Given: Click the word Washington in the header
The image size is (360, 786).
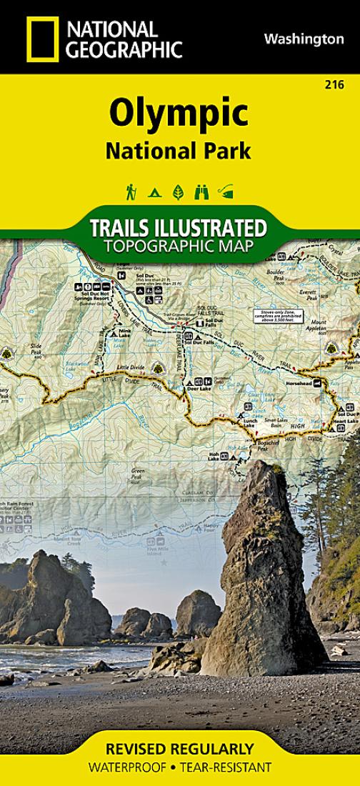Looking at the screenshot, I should pos(304,39).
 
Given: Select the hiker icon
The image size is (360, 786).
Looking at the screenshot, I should pos(131,191).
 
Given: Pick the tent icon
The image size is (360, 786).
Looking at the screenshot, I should pos(154,192).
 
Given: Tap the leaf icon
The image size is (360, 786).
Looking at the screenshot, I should pos(178,191).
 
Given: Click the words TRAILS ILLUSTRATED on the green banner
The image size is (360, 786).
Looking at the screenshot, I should pos(179,229).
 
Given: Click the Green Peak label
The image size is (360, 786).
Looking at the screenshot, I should pos(138,473).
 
